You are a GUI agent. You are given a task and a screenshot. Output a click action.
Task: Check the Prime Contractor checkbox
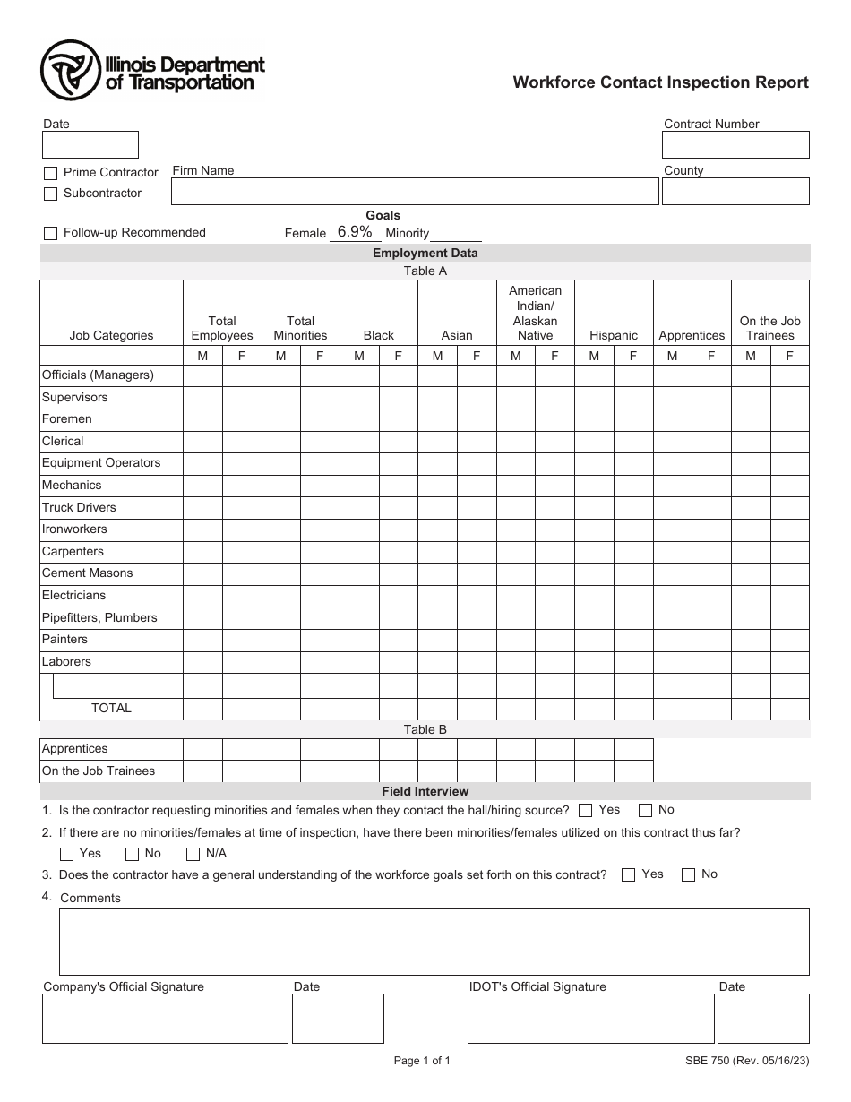50,173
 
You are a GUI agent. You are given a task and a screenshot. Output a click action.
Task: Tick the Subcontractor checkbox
50,194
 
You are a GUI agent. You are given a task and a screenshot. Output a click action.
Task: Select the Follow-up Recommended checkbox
50,233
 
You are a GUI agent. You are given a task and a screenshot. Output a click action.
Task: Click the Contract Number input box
735,145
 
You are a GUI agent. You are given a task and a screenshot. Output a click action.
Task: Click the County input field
735,191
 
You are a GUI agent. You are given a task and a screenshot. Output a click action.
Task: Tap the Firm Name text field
415,191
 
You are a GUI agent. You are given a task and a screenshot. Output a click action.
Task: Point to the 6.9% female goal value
355,232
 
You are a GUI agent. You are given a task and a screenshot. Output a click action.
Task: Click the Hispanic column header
614,335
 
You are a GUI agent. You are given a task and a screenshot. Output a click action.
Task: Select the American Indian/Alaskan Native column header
535,313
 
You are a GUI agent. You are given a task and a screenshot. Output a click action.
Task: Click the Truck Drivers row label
79,507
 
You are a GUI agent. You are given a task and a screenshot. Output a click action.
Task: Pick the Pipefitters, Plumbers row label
99,617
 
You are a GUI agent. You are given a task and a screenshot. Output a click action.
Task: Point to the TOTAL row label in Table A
111,708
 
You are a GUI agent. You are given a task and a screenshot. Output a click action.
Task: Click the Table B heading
425,729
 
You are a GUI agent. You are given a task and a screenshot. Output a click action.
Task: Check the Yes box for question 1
586,811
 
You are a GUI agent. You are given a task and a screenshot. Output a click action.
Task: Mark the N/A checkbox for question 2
193,854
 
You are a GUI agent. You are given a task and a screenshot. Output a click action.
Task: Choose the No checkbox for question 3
688,875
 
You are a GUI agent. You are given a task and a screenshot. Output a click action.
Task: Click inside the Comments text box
434,942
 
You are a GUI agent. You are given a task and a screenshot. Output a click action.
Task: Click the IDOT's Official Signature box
590,1019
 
